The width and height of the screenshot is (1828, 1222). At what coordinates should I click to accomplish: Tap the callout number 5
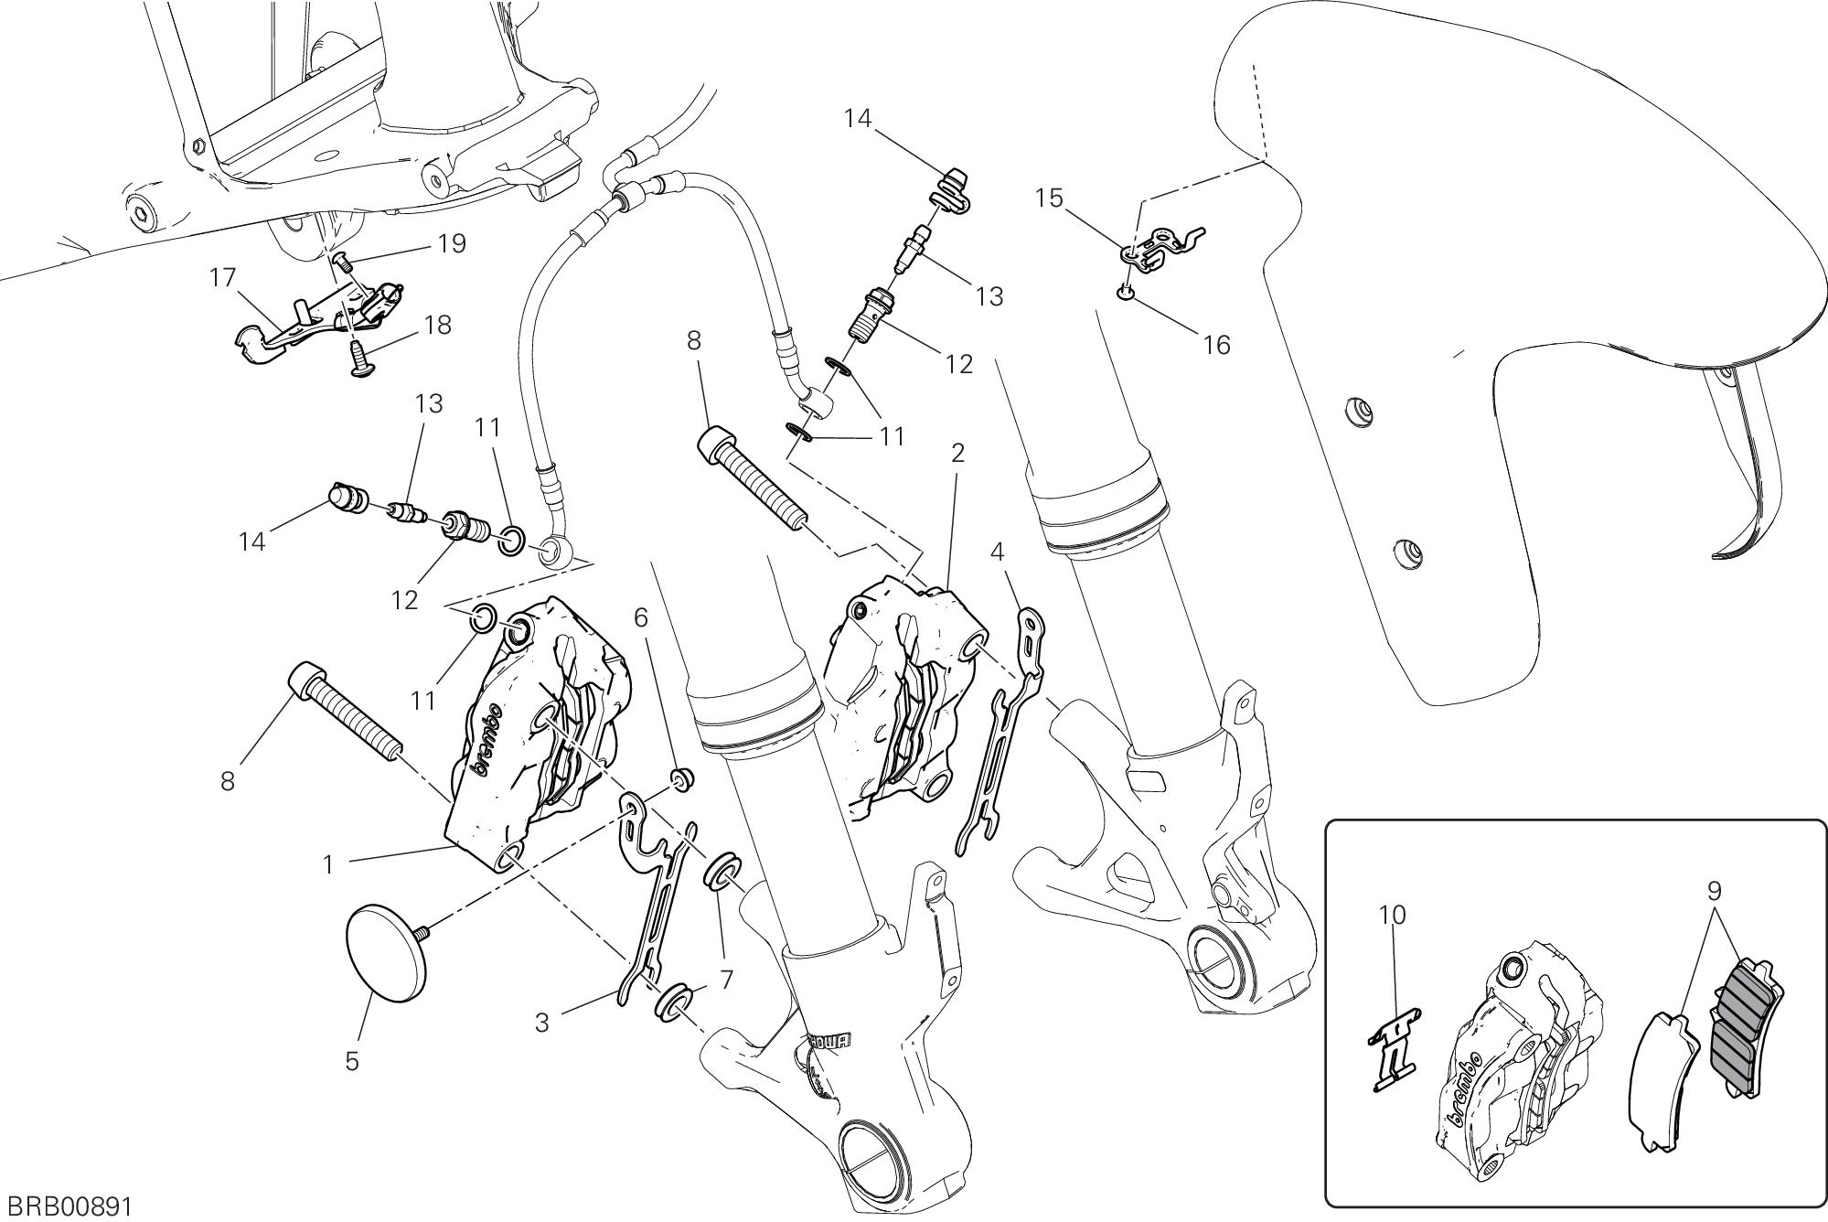pos(352,1062)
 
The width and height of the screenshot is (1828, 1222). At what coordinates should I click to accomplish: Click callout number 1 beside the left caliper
pos(328,864)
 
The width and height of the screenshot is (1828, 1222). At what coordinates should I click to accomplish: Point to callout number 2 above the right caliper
pos(957,453)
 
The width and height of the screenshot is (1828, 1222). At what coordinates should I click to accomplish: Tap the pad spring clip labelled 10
pos(1395,1047)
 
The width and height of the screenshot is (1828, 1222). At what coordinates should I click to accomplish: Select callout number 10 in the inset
pos(1393,915)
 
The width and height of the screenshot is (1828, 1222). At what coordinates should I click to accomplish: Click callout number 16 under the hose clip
pos(1217,345)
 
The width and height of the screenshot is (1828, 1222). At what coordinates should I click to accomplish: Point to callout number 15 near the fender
pos(1050,198)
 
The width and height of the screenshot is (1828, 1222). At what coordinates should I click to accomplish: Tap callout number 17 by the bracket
pos(223,277)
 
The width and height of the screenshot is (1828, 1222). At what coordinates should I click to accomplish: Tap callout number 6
pos(641,618)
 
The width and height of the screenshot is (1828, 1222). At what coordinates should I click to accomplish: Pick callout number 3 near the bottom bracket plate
pos(542,1022)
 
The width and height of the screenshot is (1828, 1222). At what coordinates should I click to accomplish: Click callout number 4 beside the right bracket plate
pos(998,552)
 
